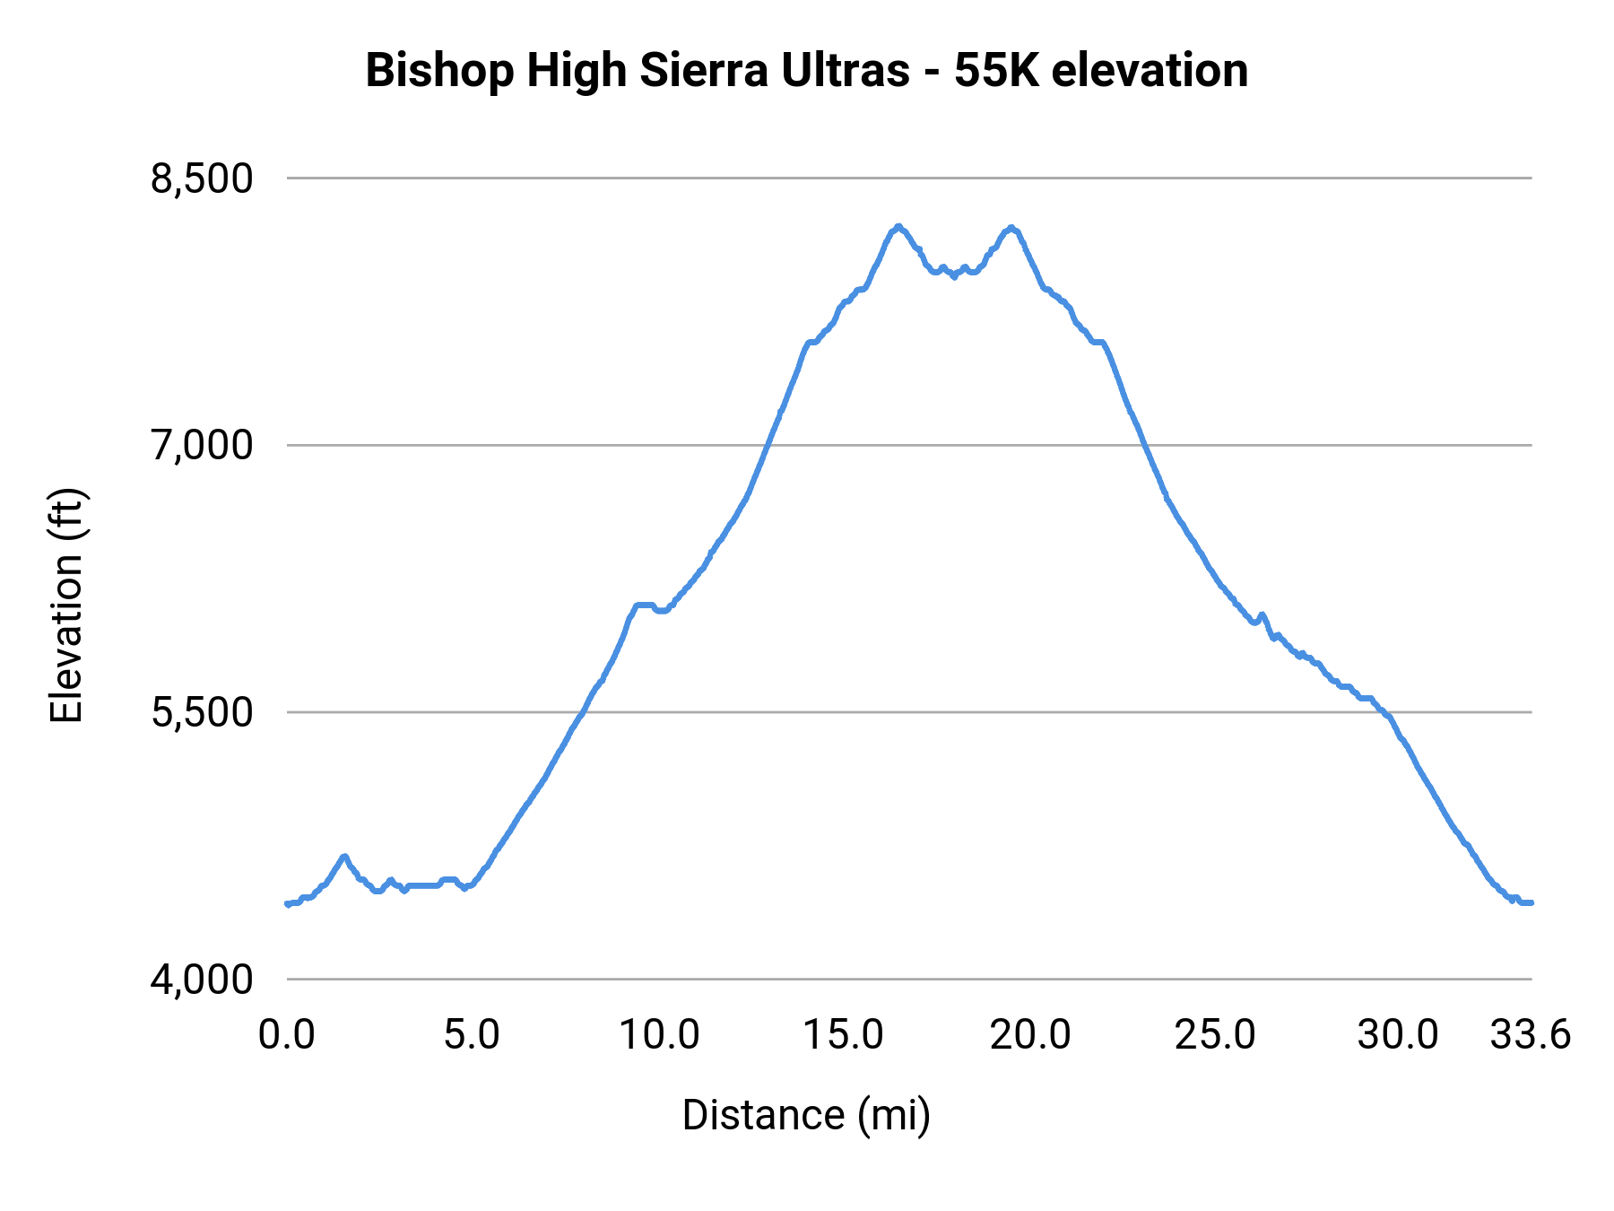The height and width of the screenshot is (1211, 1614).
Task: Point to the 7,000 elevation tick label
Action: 202,446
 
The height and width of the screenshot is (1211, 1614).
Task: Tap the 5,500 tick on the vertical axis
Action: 202,713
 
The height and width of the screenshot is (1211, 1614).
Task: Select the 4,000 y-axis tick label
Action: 202,980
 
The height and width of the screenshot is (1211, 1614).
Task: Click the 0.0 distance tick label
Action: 287,1035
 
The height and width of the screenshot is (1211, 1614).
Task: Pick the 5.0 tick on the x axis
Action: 472,1035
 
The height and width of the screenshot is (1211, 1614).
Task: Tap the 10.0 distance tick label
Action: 660,1035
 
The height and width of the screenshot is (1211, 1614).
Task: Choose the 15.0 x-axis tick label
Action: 844,1035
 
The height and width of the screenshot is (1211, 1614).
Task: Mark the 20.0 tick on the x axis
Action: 1030,1035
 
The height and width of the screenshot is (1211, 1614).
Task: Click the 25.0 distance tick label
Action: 1215,1035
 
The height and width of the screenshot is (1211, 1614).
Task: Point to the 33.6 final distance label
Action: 1531,1035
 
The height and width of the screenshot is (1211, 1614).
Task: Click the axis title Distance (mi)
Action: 806,1115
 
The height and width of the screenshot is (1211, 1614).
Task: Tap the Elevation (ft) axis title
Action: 66,605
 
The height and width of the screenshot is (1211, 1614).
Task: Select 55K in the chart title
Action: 996,71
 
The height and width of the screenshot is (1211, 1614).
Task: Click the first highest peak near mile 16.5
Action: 898,227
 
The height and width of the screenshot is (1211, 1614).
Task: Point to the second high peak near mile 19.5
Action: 1011,228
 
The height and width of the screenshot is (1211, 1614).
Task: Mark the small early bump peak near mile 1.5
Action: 343,857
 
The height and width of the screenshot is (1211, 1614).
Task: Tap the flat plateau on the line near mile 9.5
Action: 644,605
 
